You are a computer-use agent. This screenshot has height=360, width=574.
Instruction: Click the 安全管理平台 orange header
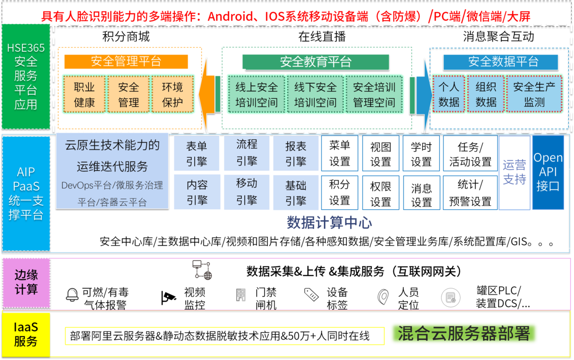point(126,61)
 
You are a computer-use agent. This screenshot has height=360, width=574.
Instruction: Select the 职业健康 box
point(84,94)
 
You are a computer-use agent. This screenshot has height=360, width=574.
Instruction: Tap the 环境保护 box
point(173,94)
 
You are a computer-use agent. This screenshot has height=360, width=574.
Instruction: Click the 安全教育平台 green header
point(315,62)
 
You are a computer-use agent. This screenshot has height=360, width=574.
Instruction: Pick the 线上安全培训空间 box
point(256,94)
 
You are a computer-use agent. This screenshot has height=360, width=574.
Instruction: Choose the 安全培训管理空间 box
point(374,94)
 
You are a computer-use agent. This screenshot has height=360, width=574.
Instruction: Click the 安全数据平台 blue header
point(501,62)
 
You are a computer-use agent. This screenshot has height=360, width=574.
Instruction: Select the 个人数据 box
point(449,94)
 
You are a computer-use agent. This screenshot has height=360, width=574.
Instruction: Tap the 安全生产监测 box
point(534,94)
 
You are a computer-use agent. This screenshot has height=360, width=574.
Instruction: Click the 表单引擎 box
point(197,153)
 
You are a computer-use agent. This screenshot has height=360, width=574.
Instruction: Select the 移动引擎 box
point(247,191)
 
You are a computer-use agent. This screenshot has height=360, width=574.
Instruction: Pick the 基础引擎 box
point(296,192)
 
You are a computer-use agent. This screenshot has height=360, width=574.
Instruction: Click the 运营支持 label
point(514,172)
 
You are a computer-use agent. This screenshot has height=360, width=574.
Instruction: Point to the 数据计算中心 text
point(329,223)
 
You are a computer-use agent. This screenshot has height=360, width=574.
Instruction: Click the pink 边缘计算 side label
point(26,282)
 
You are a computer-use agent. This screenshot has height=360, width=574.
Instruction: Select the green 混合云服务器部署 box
point(464,334)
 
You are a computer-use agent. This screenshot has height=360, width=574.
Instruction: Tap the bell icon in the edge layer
point(72,295)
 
